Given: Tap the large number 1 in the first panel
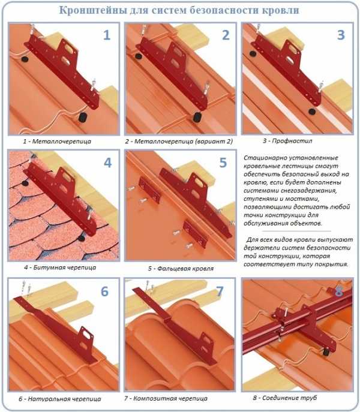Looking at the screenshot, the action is point(107,35).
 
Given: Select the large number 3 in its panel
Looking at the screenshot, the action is point(341,35).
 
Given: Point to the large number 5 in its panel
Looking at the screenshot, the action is point(223,163).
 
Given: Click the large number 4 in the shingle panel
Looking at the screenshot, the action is point(108,163).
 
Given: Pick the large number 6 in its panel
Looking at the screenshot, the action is point(104,291).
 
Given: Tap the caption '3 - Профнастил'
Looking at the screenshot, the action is point(287,141).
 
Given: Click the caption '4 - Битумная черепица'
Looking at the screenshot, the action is point(60,267).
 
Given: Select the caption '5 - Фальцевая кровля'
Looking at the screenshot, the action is point(181,269).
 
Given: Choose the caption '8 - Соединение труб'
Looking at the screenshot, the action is point(285,398).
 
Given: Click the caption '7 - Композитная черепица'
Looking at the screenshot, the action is point(166,398).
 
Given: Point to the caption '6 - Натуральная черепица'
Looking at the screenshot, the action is point(59,399).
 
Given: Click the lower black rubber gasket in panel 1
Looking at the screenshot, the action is point(83,117).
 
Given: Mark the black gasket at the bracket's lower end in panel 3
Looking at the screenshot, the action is point(312,112).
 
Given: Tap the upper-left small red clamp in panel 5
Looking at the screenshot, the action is point(149,190).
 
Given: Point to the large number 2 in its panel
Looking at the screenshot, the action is point(226,35).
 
